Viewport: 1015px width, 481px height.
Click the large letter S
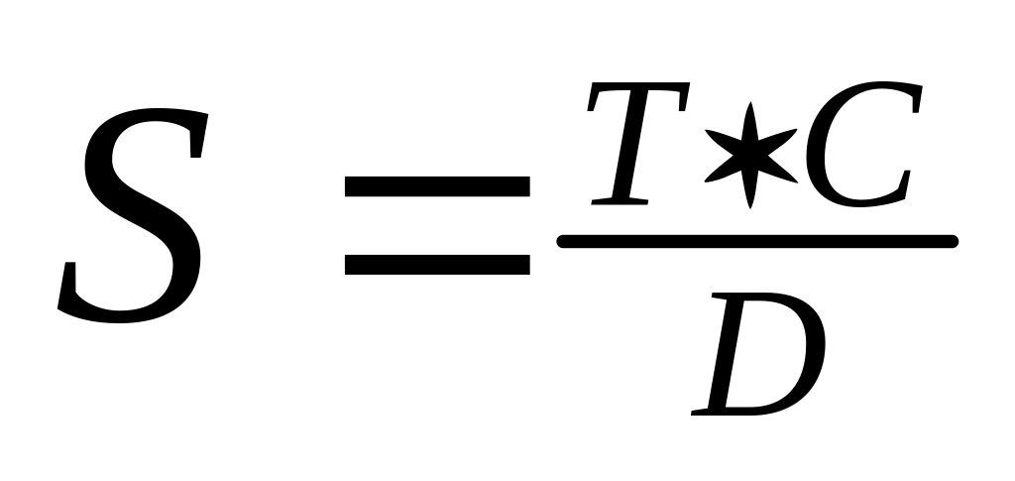click(134, 213)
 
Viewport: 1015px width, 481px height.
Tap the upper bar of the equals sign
click(436, 184)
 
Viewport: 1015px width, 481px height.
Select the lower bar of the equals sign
click(436, 263)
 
